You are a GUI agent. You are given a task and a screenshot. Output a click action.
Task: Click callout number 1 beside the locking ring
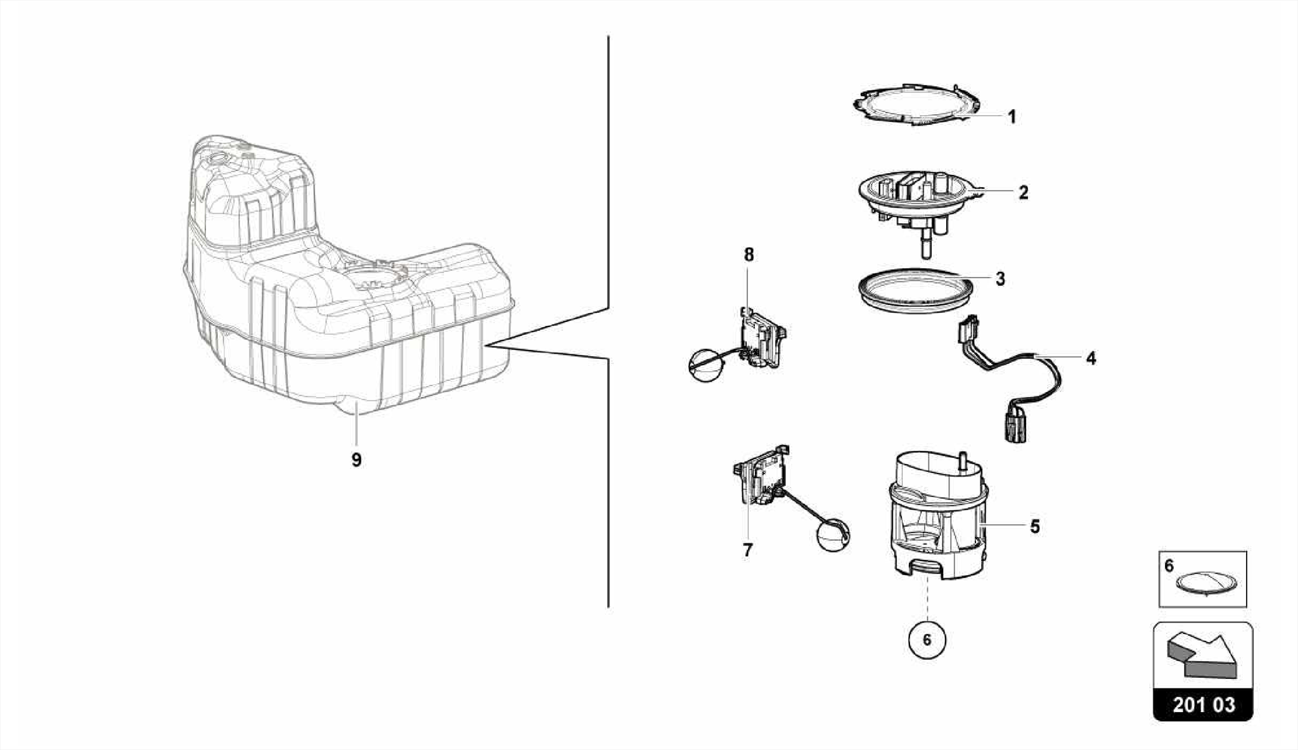[1012, 117]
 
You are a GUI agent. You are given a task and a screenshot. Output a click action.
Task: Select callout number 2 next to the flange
[1023, 193]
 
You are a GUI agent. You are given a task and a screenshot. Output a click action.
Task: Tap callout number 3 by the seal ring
[1000, 279]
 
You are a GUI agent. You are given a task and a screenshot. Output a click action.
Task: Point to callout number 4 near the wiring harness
[1090, 359]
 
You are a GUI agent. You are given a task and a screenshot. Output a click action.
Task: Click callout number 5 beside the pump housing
[1034, 526]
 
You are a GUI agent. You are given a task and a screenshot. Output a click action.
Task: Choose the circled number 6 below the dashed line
[927, 640]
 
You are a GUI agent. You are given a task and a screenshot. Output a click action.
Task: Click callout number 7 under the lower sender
[748, 550]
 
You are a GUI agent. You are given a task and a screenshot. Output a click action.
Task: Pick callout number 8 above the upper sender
[749, 255]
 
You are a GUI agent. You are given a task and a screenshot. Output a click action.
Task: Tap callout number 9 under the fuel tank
[356, 460]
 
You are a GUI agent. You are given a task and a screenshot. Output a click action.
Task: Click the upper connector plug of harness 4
[968, 330]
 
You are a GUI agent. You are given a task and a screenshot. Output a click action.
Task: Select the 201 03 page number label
[1203, 705]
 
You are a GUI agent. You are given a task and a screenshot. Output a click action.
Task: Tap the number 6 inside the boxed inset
[1169, 566]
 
